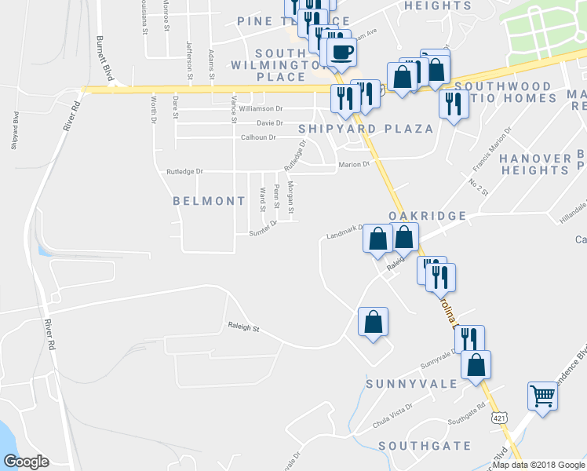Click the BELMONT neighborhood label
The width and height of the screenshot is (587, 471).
[x=210, y=201]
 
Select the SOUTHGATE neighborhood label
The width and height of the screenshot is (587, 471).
[x=425, y=446]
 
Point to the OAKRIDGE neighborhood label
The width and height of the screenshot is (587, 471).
[x=427, y=216]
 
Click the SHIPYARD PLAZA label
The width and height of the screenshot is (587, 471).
[x=366, y=128]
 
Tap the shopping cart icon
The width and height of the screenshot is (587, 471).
[x=542, y=396]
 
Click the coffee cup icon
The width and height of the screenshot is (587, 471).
[x=342, y=53]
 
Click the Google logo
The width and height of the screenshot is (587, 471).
[x=27, y=462]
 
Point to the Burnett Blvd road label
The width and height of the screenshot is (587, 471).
[x=103, y=57]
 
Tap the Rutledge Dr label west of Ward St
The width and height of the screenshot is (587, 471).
[x=184, y=171]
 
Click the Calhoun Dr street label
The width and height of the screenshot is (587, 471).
[x=258, y=137]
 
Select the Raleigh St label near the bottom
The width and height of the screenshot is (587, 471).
[x=243, y=328]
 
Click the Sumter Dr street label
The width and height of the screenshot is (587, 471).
[x=264, y=228]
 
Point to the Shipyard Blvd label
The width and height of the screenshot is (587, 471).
[x=15, y=128]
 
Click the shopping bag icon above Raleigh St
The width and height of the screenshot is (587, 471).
[x=373, y=322]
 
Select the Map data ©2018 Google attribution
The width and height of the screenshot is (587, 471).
[x=538, y=465]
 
